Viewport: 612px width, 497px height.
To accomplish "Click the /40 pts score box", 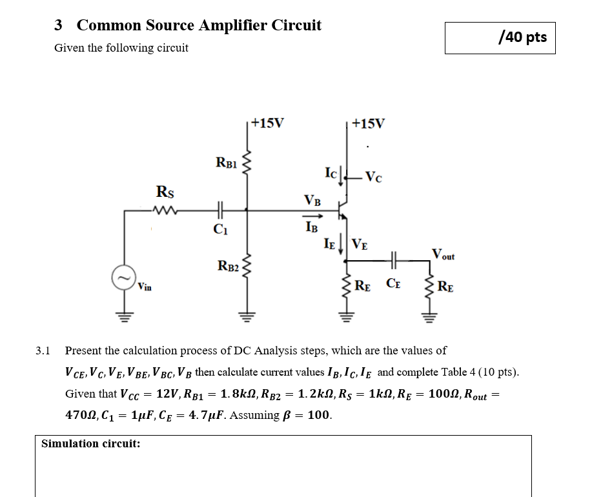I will coord(500,37).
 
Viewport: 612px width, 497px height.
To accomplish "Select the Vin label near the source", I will coord(144,287).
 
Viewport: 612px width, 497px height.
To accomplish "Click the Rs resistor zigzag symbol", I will coord(164,208).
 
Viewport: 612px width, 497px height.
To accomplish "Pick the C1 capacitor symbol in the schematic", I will coord(221,208).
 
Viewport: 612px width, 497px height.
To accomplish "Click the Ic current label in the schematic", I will coord(331,172).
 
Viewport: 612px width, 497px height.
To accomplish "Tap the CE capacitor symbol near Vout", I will coord(394,261).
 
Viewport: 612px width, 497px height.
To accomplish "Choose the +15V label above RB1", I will coord(265,123).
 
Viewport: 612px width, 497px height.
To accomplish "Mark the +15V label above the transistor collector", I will coord(368,123).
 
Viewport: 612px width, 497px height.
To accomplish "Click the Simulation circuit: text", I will coord(90,443).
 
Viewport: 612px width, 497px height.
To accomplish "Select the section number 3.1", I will coord(43,351).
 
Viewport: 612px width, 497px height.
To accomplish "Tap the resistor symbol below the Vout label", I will coord(426,285).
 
